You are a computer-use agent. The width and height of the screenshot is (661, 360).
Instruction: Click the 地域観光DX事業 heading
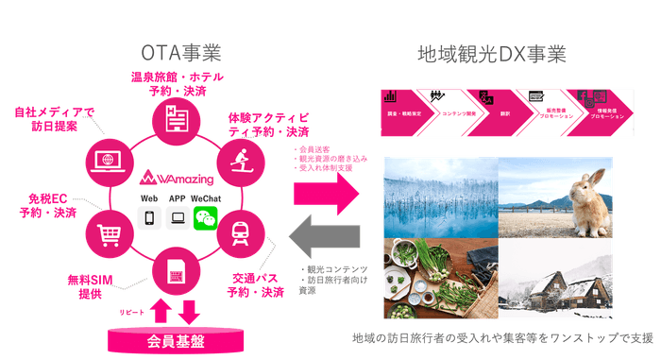click(494, 54)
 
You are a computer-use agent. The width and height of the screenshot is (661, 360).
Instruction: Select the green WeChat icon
click(204, 219)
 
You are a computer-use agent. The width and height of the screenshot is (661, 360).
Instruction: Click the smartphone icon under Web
click(148, 219)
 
